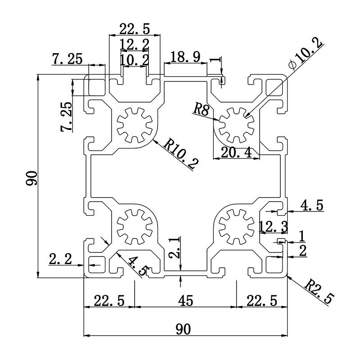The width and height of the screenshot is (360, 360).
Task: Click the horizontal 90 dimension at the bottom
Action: pos(183,329)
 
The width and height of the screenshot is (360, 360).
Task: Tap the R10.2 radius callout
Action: pos(180,153)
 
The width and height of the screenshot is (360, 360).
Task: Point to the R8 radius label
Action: pos(201,109)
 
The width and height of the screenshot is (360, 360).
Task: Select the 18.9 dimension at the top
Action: pos(184,57)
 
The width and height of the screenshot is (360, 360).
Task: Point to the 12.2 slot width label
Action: pos(134,45)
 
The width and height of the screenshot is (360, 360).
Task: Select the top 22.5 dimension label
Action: pos(134,29)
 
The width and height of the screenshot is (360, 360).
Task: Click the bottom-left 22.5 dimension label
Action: pos(109,300)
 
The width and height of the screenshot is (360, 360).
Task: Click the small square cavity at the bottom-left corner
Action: pos(95,264)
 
